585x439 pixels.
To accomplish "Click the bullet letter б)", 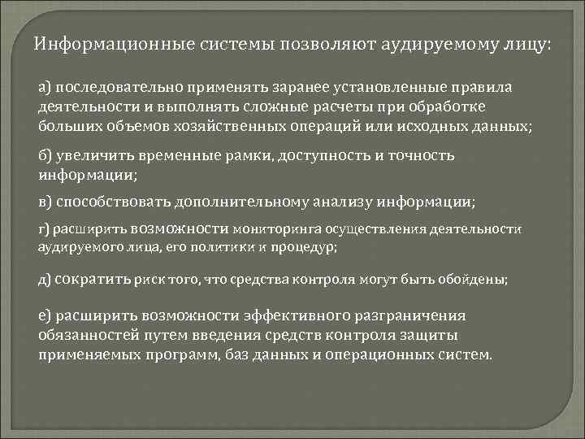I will click(x=45, y=155).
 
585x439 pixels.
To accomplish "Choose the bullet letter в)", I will click(x=45, y=201).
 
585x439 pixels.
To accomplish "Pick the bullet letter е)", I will click(x=45, y=315).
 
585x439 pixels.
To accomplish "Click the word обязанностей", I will click(x=84, y=335).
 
